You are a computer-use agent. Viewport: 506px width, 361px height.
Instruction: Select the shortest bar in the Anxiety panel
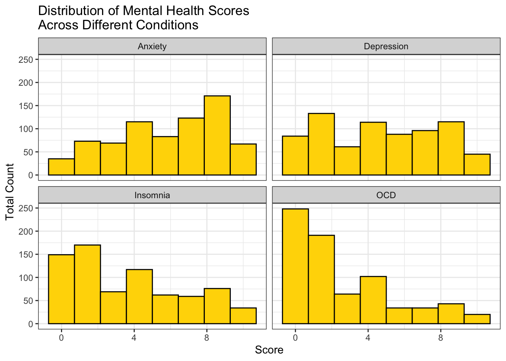(x=61, y=167)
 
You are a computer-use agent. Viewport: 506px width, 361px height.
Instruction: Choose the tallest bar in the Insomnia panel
(x=87, y=284)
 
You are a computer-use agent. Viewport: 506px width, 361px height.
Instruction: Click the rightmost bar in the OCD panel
(x=477, y=319)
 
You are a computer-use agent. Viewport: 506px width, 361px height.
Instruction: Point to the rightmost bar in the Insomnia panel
(x=243, y=316)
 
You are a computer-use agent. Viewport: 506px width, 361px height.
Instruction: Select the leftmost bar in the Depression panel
(x=295, y=156)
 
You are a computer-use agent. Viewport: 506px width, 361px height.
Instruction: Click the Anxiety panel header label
(x=152, y=46)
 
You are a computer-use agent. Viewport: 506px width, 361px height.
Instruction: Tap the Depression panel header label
(x=386, y=46)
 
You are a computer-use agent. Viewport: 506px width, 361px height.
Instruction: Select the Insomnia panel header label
(x=152, y=195)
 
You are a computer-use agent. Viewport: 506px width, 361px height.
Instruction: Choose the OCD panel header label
(x=386, y=195)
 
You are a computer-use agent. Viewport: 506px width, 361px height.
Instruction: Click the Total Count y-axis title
(x=10, y=192)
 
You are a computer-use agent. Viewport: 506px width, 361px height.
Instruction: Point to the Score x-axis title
(x=269, y=350)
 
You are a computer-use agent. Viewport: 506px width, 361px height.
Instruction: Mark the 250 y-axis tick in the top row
(x=26, y=59)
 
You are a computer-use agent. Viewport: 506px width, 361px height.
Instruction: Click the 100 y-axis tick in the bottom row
(x=26, y=278)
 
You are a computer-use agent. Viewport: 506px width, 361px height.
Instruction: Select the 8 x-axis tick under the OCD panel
(x=440, y=337)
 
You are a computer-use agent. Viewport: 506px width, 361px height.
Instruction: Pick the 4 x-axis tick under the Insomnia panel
(x=134, y=337)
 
